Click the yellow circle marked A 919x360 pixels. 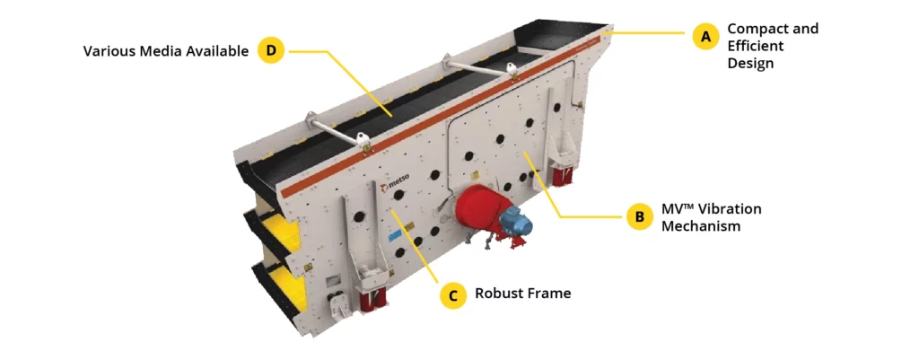[x=705, y=36]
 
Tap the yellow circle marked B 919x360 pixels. [x=639, y=216]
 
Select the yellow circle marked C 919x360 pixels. [x=453, y=294]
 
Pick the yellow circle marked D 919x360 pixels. [x=271, y=50]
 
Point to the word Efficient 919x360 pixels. [x=757, y=46]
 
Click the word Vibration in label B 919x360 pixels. [x=727, y=209]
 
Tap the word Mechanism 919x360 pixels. [x=700, y=226]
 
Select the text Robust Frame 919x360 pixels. [x=522, y=294]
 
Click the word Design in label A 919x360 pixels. [x=750, y=64]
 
